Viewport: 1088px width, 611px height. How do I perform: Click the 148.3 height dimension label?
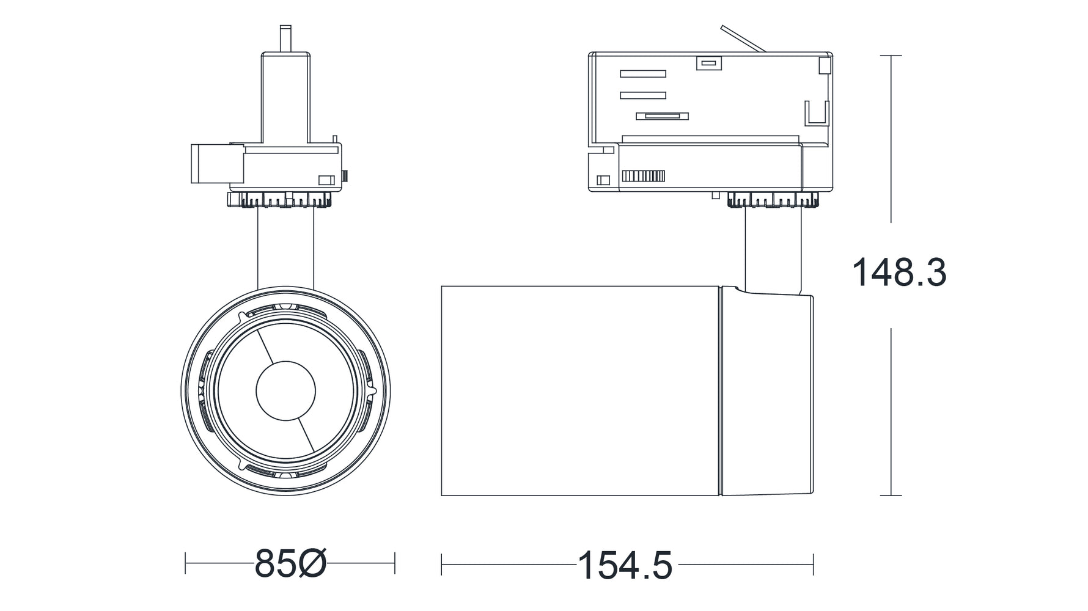(x=899, y=273)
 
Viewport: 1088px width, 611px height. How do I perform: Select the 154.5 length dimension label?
(x=625, y=565)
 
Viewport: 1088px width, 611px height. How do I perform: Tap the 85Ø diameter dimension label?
(x=290, y=563)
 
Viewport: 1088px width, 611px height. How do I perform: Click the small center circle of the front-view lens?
(x=285, y=392)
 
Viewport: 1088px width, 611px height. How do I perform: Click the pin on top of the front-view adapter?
(x=285, y=39)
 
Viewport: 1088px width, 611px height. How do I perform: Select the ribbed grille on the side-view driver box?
(x=643, y=177)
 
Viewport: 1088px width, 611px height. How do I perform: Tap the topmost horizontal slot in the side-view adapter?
(x=643, y=74)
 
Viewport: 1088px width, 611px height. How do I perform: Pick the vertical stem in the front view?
(x=285, y=248)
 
